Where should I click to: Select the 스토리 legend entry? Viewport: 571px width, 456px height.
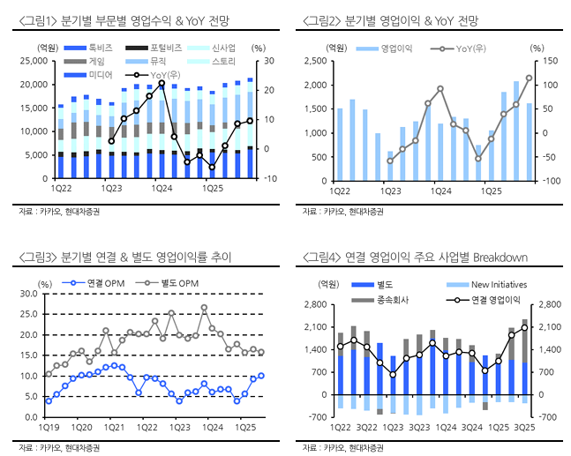[223, 61]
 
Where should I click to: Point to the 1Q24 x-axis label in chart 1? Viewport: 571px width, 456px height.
[162, 188]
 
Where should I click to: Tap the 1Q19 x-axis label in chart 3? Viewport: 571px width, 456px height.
[49, 427]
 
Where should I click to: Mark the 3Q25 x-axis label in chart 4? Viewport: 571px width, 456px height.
[524, 427]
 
